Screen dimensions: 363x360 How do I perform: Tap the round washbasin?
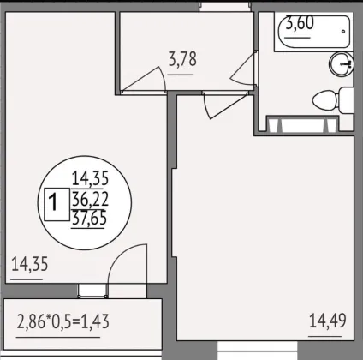342,64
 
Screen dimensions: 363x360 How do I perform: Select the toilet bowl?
333,100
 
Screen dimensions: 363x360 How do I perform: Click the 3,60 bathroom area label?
300,23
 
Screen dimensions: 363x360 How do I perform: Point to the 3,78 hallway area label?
182,59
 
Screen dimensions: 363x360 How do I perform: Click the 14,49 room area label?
328,321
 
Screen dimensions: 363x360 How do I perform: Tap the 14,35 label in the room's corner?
30,264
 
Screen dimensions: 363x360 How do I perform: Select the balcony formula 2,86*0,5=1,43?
63,321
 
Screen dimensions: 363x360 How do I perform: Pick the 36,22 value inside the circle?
90,199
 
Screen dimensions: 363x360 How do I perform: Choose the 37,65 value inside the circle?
89,218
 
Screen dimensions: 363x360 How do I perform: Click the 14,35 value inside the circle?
90,178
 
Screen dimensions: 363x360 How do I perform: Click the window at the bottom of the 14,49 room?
258,351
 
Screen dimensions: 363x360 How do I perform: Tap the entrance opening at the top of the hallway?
225,6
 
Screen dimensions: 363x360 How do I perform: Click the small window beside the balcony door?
92,291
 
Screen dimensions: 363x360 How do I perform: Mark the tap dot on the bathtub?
343,32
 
